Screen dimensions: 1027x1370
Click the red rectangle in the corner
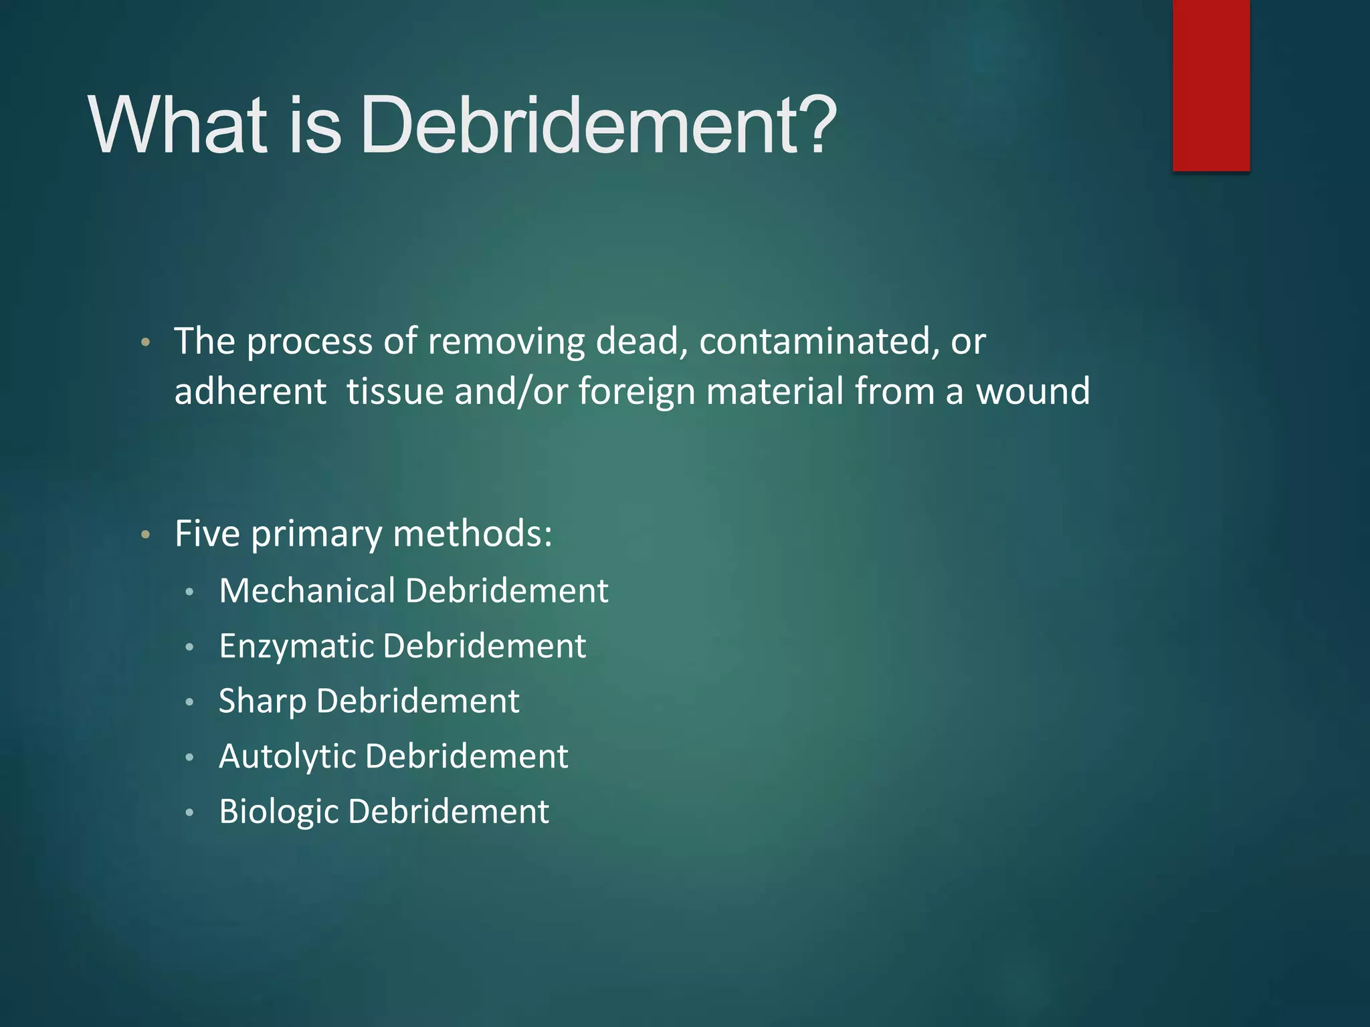click(x=1211, y=85)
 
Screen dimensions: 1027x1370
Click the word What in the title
click(x=177, y=125)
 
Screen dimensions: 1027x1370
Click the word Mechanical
click(x=307, y=590)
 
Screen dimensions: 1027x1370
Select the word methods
click(x=472, y=534)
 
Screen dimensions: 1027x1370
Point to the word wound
click(x=1033, y=391)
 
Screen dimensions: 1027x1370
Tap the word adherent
click(x=250, y=391)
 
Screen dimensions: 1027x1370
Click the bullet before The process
click(x=145, y=344)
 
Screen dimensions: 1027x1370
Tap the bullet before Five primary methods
click(x=145, y=536)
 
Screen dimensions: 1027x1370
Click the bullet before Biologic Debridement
click(x=190, y=813)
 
